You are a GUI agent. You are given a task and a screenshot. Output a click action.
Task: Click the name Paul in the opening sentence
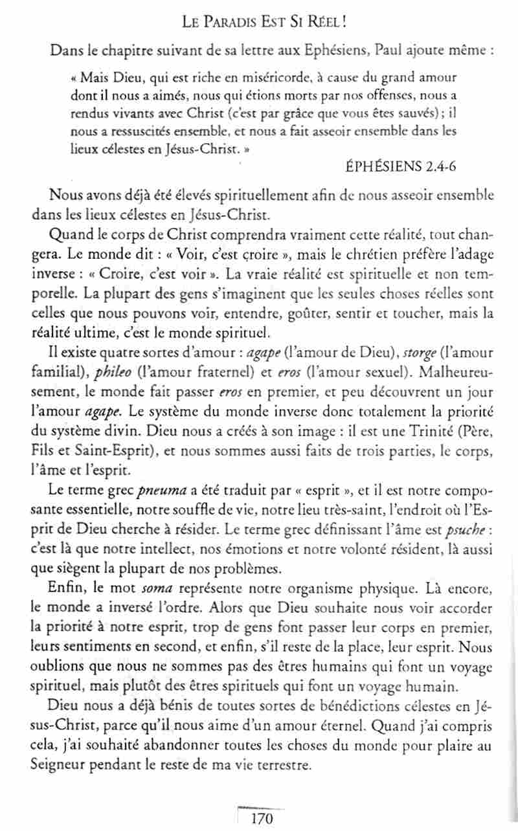coord(388,51)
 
